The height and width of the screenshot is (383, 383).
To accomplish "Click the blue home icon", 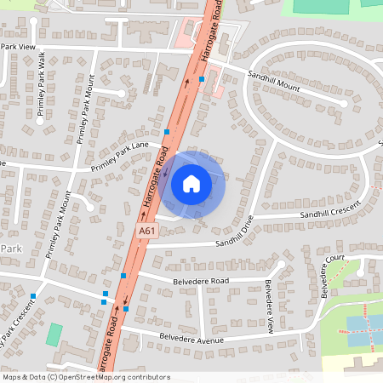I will pos(191,184).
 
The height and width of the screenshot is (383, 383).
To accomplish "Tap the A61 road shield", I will pos(147,230).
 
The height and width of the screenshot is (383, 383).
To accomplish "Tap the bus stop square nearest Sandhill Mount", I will pos(202,79).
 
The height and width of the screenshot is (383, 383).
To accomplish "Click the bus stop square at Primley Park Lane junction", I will pos(168,132).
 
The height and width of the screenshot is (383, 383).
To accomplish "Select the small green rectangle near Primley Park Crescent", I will pos(54,334).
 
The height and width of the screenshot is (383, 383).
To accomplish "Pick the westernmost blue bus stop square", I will pos(33,295).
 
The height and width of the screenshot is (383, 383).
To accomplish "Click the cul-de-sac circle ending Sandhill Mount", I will pos(343,104).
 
